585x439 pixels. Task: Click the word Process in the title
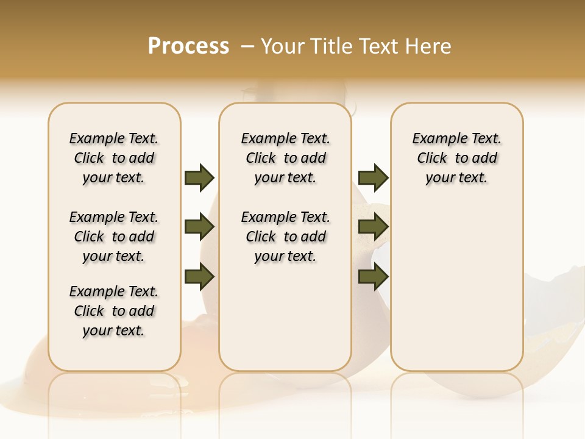click(188, 46)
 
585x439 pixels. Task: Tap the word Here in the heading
click(428, 46)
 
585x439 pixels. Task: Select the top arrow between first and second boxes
click(199, 178)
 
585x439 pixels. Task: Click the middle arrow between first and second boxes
click(199, 227)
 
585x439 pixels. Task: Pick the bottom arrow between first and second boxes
click(199, 277)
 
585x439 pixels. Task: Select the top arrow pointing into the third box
click(373, 178)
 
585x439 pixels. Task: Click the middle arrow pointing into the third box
click(373, 227)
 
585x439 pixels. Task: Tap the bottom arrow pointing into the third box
click(373, 277)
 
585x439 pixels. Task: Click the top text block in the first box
click(114, 158)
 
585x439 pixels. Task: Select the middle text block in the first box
click(114, 237)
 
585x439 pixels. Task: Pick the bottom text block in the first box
click(114, 311)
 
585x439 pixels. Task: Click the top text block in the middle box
click(286, 158)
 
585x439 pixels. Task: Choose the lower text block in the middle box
click(286, 237)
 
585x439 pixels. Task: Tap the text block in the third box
click(457, 158)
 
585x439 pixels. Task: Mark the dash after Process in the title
click(247, 46)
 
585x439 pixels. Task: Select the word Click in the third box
click(432, 159)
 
